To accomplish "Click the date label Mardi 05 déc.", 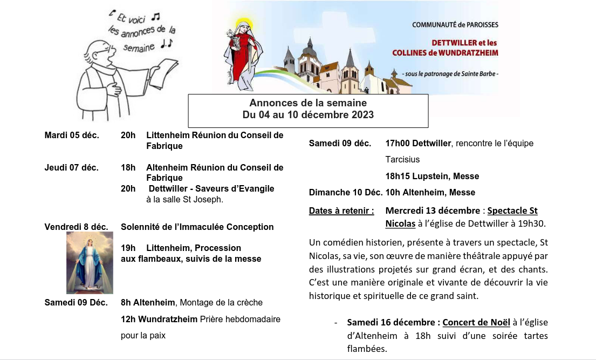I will [72, 135].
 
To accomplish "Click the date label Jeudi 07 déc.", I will [71, 168].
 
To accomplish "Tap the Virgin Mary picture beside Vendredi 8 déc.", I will [90, 263].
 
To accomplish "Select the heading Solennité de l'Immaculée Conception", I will [197, 227].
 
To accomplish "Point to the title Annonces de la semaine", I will [308, 103].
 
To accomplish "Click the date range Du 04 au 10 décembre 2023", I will [308, 115].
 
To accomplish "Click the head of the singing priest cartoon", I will [100, 51].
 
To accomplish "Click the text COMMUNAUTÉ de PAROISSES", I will [455, 25].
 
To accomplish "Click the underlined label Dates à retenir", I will [341, 211].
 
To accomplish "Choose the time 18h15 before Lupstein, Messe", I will [398, 176].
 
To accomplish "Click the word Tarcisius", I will [402, 160].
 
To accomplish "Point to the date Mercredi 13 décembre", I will [433, 211].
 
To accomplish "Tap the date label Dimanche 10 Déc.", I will [346, 193].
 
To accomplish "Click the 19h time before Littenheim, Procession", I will [128, 248].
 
